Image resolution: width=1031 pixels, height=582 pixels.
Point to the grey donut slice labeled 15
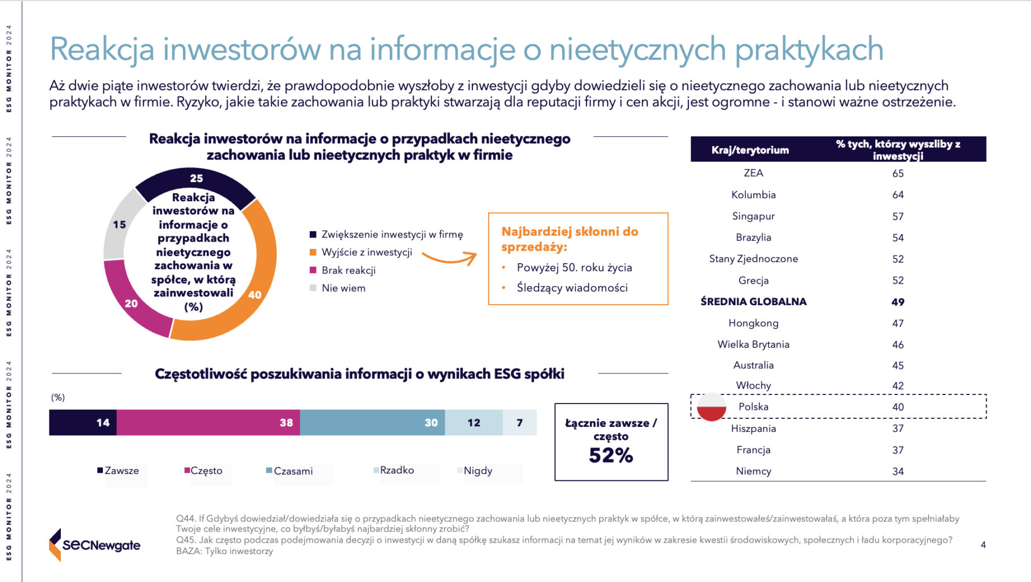click(120, 225)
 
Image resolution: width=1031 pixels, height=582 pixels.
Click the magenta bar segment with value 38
click(208, 422)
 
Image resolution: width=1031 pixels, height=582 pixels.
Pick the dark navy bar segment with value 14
click(83, 422)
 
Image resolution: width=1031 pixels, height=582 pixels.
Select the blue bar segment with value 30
click(372, 422)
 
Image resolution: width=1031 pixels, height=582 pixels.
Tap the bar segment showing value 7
click(519, 422)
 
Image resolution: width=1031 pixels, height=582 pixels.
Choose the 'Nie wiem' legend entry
click(338, 288)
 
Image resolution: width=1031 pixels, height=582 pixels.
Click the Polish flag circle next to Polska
click(712, 407)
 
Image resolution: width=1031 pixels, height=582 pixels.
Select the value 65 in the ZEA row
click(898, 173)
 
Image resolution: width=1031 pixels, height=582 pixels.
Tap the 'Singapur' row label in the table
click(754, 216)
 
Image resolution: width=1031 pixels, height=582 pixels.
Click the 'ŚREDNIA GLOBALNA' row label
click(754, 302)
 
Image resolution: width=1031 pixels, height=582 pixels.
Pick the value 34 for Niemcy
click(898, 471)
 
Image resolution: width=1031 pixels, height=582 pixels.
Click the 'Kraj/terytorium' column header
click(750, 150)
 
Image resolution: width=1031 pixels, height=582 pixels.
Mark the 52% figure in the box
click(611, 455)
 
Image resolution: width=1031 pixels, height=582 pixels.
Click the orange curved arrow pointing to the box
click(449, 259)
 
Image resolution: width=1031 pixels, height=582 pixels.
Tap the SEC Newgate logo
click(95, 544)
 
